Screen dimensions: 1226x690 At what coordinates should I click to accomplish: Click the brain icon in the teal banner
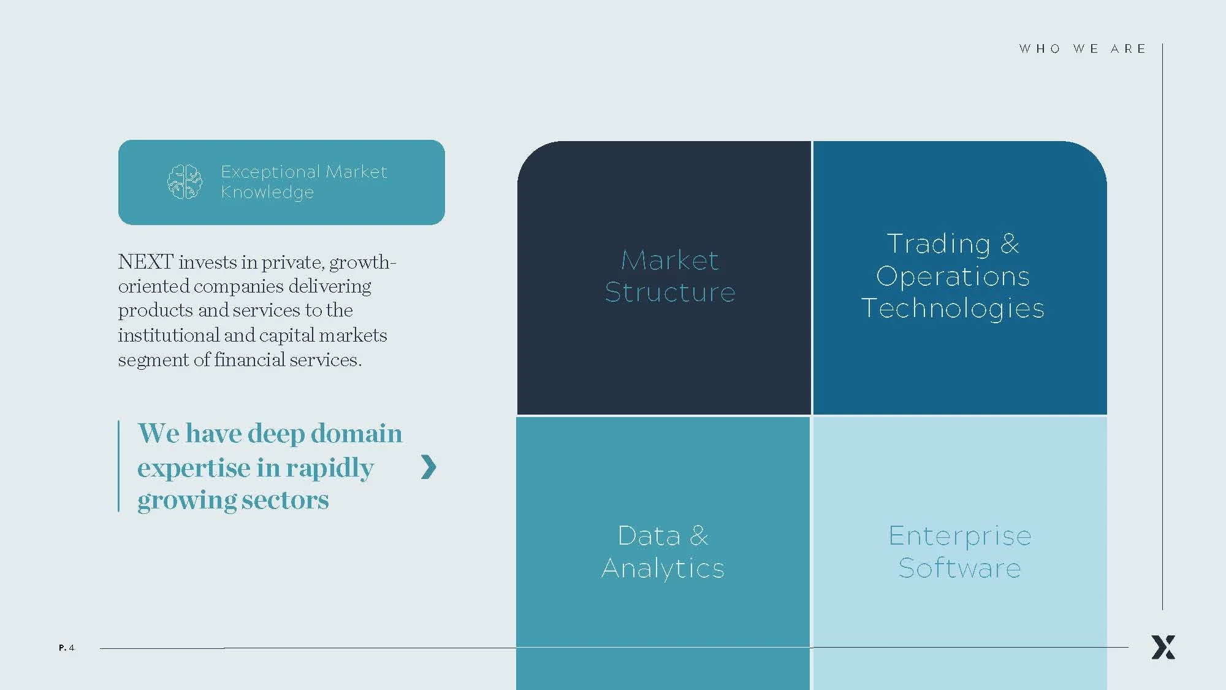185,182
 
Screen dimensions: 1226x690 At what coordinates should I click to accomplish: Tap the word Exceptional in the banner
270,172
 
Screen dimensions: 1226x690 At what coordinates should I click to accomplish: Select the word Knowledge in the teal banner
267,192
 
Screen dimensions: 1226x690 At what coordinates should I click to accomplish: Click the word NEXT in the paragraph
145,262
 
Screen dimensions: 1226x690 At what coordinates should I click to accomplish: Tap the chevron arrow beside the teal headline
428,467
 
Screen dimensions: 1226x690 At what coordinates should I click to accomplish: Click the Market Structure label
669,276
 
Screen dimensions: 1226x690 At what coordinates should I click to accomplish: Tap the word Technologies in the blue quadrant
953,308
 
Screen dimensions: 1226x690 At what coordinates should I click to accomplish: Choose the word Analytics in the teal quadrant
663,568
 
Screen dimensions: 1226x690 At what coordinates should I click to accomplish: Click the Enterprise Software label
959,551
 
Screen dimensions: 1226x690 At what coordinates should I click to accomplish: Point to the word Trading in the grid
938,243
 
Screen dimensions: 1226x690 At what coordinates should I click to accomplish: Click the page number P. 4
66,648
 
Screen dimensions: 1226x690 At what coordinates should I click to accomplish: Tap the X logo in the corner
1163,647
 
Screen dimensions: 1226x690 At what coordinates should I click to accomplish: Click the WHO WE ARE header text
1083,49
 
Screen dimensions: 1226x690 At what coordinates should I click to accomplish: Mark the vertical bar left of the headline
118,466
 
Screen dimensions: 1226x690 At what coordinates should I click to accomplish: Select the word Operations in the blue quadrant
953,276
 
